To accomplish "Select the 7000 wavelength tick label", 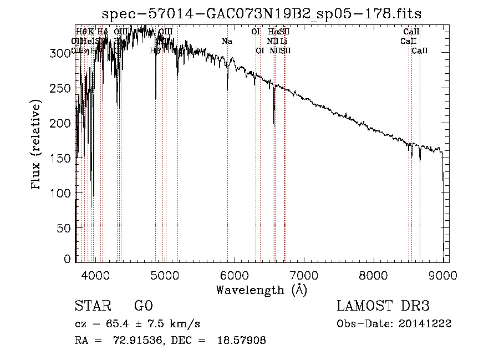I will click(304, 275).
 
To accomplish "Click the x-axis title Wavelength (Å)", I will click(261, 290).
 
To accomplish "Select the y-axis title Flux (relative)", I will click(37, 145).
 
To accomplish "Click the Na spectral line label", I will click(227, 41).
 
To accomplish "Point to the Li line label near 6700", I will click(283, 41).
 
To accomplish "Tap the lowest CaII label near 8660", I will click(420, 51).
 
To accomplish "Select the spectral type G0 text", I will click(143, 306).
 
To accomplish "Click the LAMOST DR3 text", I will click(383, 306).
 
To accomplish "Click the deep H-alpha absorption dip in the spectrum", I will click(274, 119).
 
